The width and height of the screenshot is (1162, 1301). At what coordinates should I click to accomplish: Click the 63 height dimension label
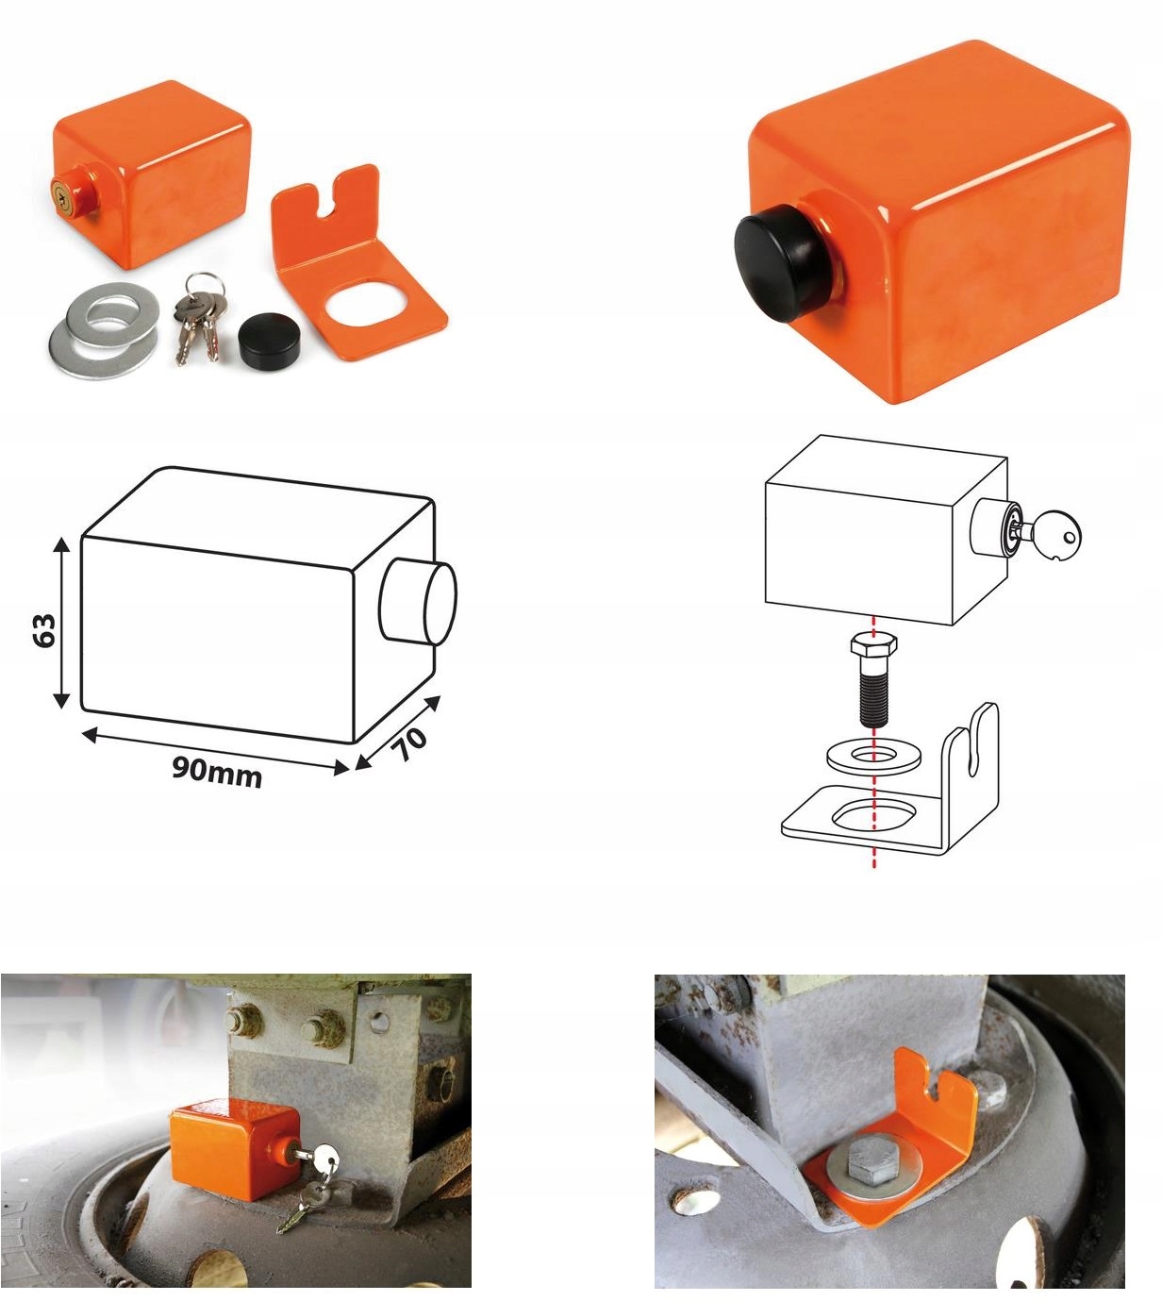44,630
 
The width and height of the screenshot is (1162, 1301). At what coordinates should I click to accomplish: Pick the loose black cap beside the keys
269,336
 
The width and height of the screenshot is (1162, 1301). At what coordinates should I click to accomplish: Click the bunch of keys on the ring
198,317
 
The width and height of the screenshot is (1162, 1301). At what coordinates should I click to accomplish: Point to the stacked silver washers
105,328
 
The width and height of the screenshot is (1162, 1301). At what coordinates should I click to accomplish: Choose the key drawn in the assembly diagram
1046,532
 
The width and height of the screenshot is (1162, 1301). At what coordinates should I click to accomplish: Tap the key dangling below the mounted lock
301,1199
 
